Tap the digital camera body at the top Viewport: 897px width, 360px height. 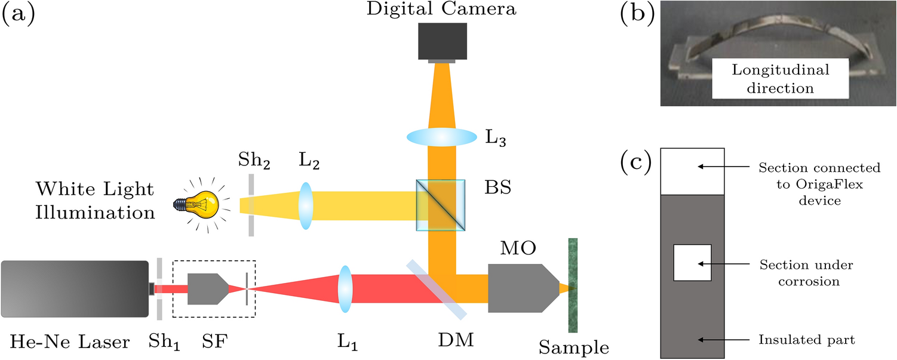(442, 41)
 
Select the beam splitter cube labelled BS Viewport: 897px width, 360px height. (441, 205)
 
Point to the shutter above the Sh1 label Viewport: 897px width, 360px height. (159, 290)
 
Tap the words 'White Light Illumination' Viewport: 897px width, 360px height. (94, 200)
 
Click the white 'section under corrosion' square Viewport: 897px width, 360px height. (692, 263)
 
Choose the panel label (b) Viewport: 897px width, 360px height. (634, 13)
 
